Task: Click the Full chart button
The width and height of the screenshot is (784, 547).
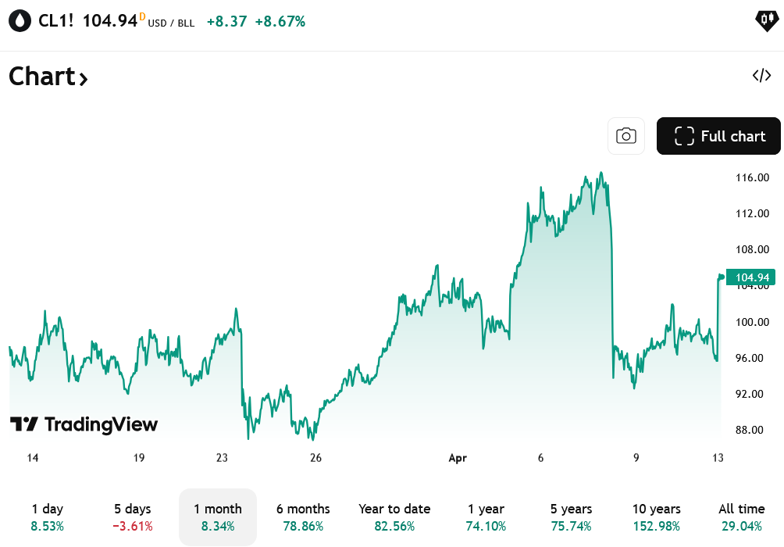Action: point(718,136)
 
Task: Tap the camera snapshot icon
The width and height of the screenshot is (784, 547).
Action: point(626,136)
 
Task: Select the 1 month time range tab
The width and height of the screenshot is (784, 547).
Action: point(218,517)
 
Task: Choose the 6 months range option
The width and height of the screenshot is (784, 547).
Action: point(303,517)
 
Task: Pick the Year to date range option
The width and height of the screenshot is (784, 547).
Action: point(394,517)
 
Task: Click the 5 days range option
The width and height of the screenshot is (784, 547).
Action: point(132,517)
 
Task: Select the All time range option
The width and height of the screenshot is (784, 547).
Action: point(741,517)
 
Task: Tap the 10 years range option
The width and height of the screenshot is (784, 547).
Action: point(656,517)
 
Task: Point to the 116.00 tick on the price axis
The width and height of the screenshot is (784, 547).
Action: point(753,177)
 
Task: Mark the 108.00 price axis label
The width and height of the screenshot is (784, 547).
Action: point(753,250)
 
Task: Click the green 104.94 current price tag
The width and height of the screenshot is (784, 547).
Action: point(752,277)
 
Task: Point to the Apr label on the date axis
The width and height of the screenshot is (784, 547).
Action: point(458,458)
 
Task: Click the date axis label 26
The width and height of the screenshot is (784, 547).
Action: point(315,458)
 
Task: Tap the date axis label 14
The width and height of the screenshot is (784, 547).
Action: point(32,458)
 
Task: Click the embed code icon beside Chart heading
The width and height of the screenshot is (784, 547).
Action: point(761,76)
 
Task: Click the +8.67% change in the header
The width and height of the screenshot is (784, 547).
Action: point(280,22)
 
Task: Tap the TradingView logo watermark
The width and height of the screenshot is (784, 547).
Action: point(84,424)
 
